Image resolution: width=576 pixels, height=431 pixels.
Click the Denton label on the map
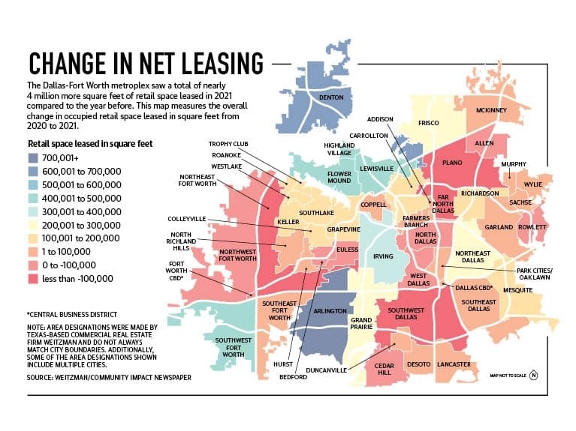(x=331, y=97)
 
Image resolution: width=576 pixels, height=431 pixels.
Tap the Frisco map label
(x=428, y=123)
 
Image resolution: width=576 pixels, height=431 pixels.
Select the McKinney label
(x=491, y=110)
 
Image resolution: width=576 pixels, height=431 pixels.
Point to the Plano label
(x=452, y=163)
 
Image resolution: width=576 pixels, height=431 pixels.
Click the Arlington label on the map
(x=330, y=311)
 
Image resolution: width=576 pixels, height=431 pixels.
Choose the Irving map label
(x=383, y=256)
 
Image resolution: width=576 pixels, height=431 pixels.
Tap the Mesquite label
(x=517, y=290)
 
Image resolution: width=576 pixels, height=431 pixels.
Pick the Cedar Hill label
(x=385, y=369)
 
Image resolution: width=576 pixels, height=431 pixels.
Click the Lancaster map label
(x=454, y=364)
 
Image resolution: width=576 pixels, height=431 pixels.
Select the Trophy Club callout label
(x=228, y=144)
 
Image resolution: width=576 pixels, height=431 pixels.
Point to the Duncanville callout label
(x=326, y=370)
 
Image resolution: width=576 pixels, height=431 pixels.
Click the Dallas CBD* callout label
(x=474, y=288)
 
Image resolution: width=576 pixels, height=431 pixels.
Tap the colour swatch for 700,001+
(x=33, y=158)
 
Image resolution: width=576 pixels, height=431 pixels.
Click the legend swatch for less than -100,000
(x=33, y=279)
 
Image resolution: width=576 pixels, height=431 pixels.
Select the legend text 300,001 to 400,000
(x=82, y=212)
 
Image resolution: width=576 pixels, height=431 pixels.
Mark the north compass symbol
(x=533, y=376)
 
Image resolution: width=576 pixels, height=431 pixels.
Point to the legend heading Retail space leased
(x=90, y=143)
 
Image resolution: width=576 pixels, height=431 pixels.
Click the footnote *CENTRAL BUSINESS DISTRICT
(x=72, y=315)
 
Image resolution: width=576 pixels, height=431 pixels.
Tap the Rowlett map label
(x=532, y=227)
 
